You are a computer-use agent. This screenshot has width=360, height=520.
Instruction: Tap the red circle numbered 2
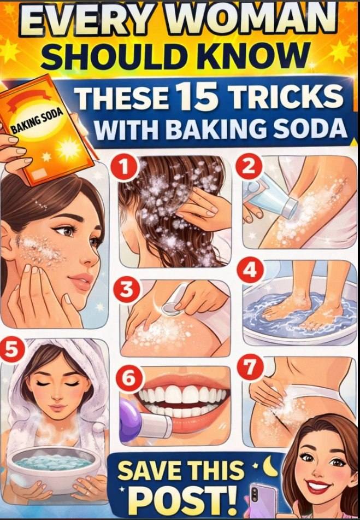point(249,167)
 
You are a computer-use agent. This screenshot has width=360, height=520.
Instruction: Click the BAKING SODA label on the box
point(37,121)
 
